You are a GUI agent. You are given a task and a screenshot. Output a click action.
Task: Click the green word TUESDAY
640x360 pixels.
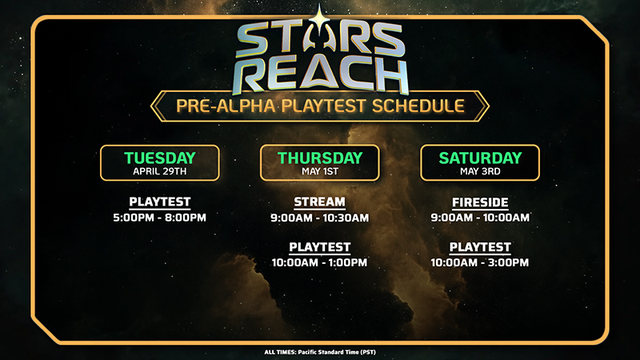160,158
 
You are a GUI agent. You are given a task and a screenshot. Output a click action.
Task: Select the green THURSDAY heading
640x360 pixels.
320,158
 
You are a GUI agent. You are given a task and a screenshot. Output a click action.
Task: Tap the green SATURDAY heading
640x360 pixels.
481,158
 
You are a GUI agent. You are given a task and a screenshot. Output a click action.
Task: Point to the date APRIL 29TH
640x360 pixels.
160,171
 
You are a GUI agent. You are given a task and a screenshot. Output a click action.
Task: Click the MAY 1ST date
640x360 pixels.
320,171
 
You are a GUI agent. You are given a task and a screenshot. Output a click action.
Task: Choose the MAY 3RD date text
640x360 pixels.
481,171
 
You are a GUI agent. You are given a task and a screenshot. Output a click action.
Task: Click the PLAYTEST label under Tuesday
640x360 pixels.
160,202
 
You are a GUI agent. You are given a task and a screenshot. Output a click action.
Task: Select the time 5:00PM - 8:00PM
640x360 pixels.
159,218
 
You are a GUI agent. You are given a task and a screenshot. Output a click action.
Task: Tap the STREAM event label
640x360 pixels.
319,202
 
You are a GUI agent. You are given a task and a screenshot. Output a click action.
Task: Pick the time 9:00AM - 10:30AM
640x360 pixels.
319,218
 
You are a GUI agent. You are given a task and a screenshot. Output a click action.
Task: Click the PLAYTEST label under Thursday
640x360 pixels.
320,247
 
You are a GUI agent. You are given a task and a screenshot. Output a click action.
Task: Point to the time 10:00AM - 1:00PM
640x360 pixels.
319,262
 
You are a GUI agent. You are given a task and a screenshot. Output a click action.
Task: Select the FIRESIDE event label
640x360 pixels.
481,202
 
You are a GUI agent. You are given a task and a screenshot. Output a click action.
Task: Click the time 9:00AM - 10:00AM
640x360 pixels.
481,218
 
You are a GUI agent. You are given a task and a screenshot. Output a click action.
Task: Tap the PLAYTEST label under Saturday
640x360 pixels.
481,247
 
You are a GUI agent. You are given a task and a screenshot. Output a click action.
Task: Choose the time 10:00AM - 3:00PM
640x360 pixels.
480,262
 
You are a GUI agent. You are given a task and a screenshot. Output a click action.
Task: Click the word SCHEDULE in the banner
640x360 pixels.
418,106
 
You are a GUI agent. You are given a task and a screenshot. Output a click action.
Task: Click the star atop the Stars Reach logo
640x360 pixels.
318,18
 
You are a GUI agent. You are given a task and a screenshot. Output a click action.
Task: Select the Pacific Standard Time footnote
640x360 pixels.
320,352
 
